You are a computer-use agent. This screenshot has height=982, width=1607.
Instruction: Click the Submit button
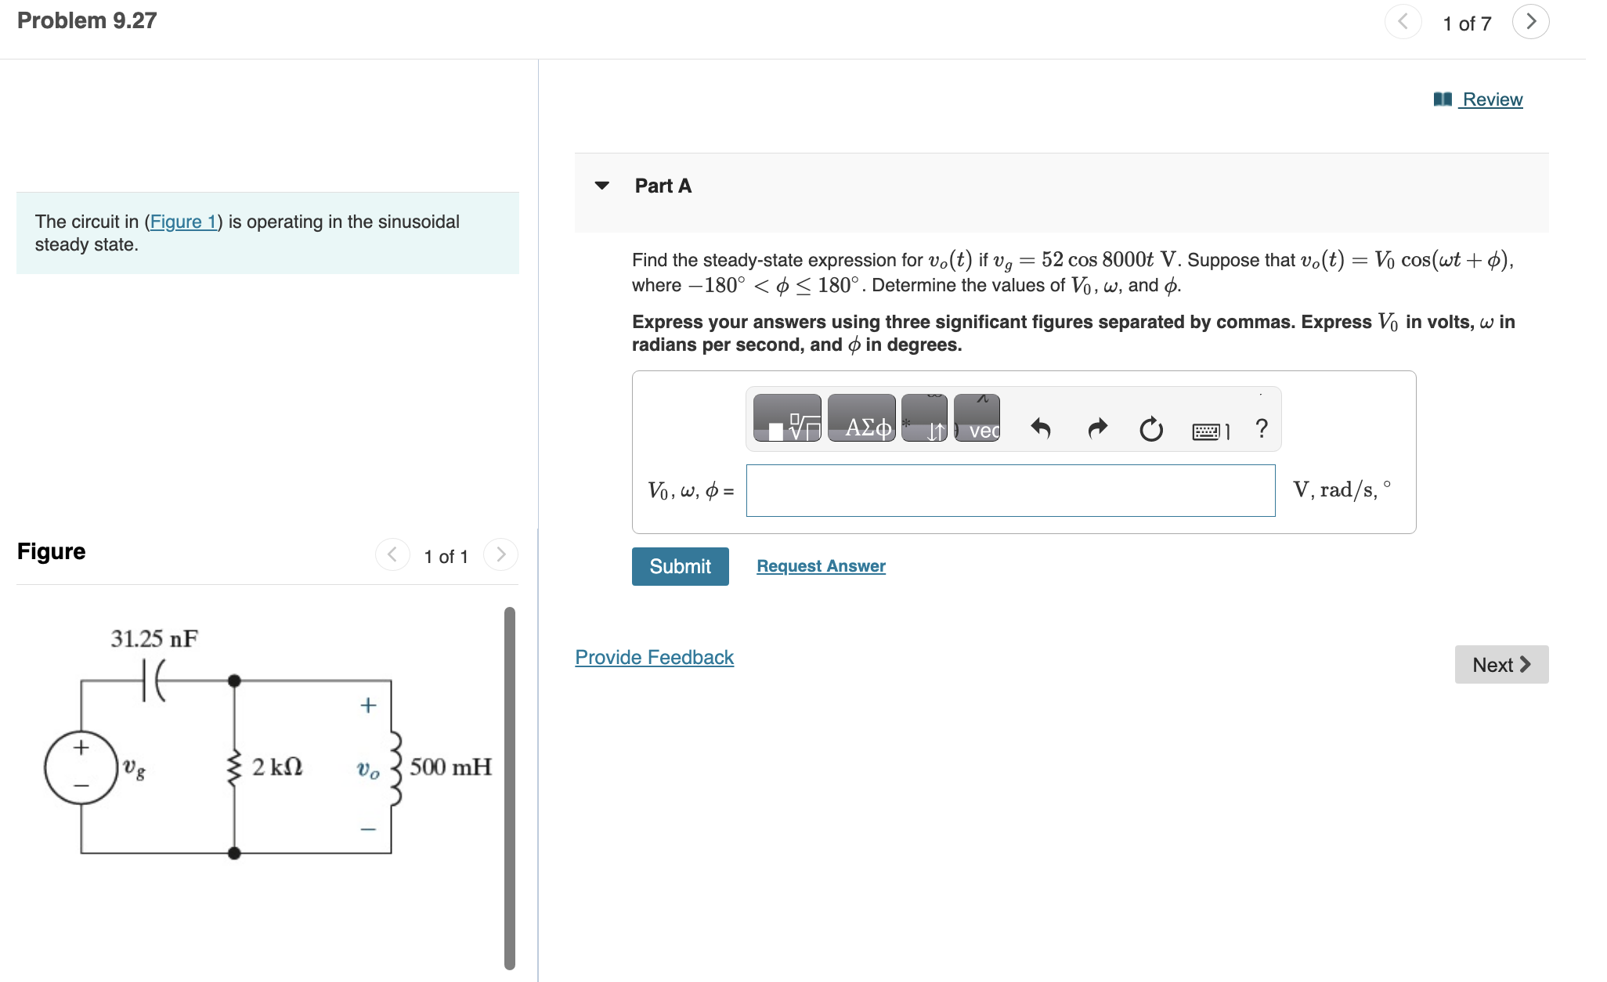(x=680, y=566)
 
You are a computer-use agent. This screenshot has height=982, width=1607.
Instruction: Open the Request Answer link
(x=821, y=566)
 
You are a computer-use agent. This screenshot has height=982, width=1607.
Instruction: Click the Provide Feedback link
(x=654, y=657)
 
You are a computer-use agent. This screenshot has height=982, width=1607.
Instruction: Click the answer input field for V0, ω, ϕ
(x=1010, y=491)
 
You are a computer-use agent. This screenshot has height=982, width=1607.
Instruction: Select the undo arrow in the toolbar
(x=1040, y=428)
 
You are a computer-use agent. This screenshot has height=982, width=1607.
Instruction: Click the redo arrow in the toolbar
(x=1097, y=428)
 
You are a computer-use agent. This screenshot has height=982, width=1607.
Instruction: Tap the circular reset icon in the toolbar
(x=1150, y=429)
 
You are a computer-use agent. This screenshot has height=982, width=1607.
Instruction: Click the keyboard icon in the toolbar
(x=1206, y=431)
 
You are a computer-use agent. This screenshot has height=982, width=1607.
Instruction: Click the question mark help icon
(x=1261, y=428)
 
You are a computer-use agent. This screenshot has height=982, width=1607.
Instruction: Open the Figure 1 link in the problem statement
(x=183, y=222)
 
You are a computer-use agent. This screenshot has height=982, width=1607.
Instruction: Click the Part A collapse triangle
(x=601, y=186)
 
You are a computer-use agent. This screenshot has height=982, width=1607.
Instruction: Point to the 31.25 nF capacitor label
(x=154, y=639)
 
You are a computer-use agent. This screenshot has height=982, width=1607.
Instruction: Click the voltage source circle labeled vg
(x=81, y=767)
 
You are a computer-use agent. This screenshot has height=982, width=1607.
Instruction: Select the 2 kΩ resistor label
(x=276, y=767)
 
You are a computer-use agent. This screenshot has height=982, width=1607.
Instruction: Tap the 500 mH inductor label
(x=450, y=767)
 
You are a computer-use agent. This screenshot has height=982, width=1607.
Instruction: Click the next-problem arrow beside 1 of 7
(x=1530, y=22)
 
